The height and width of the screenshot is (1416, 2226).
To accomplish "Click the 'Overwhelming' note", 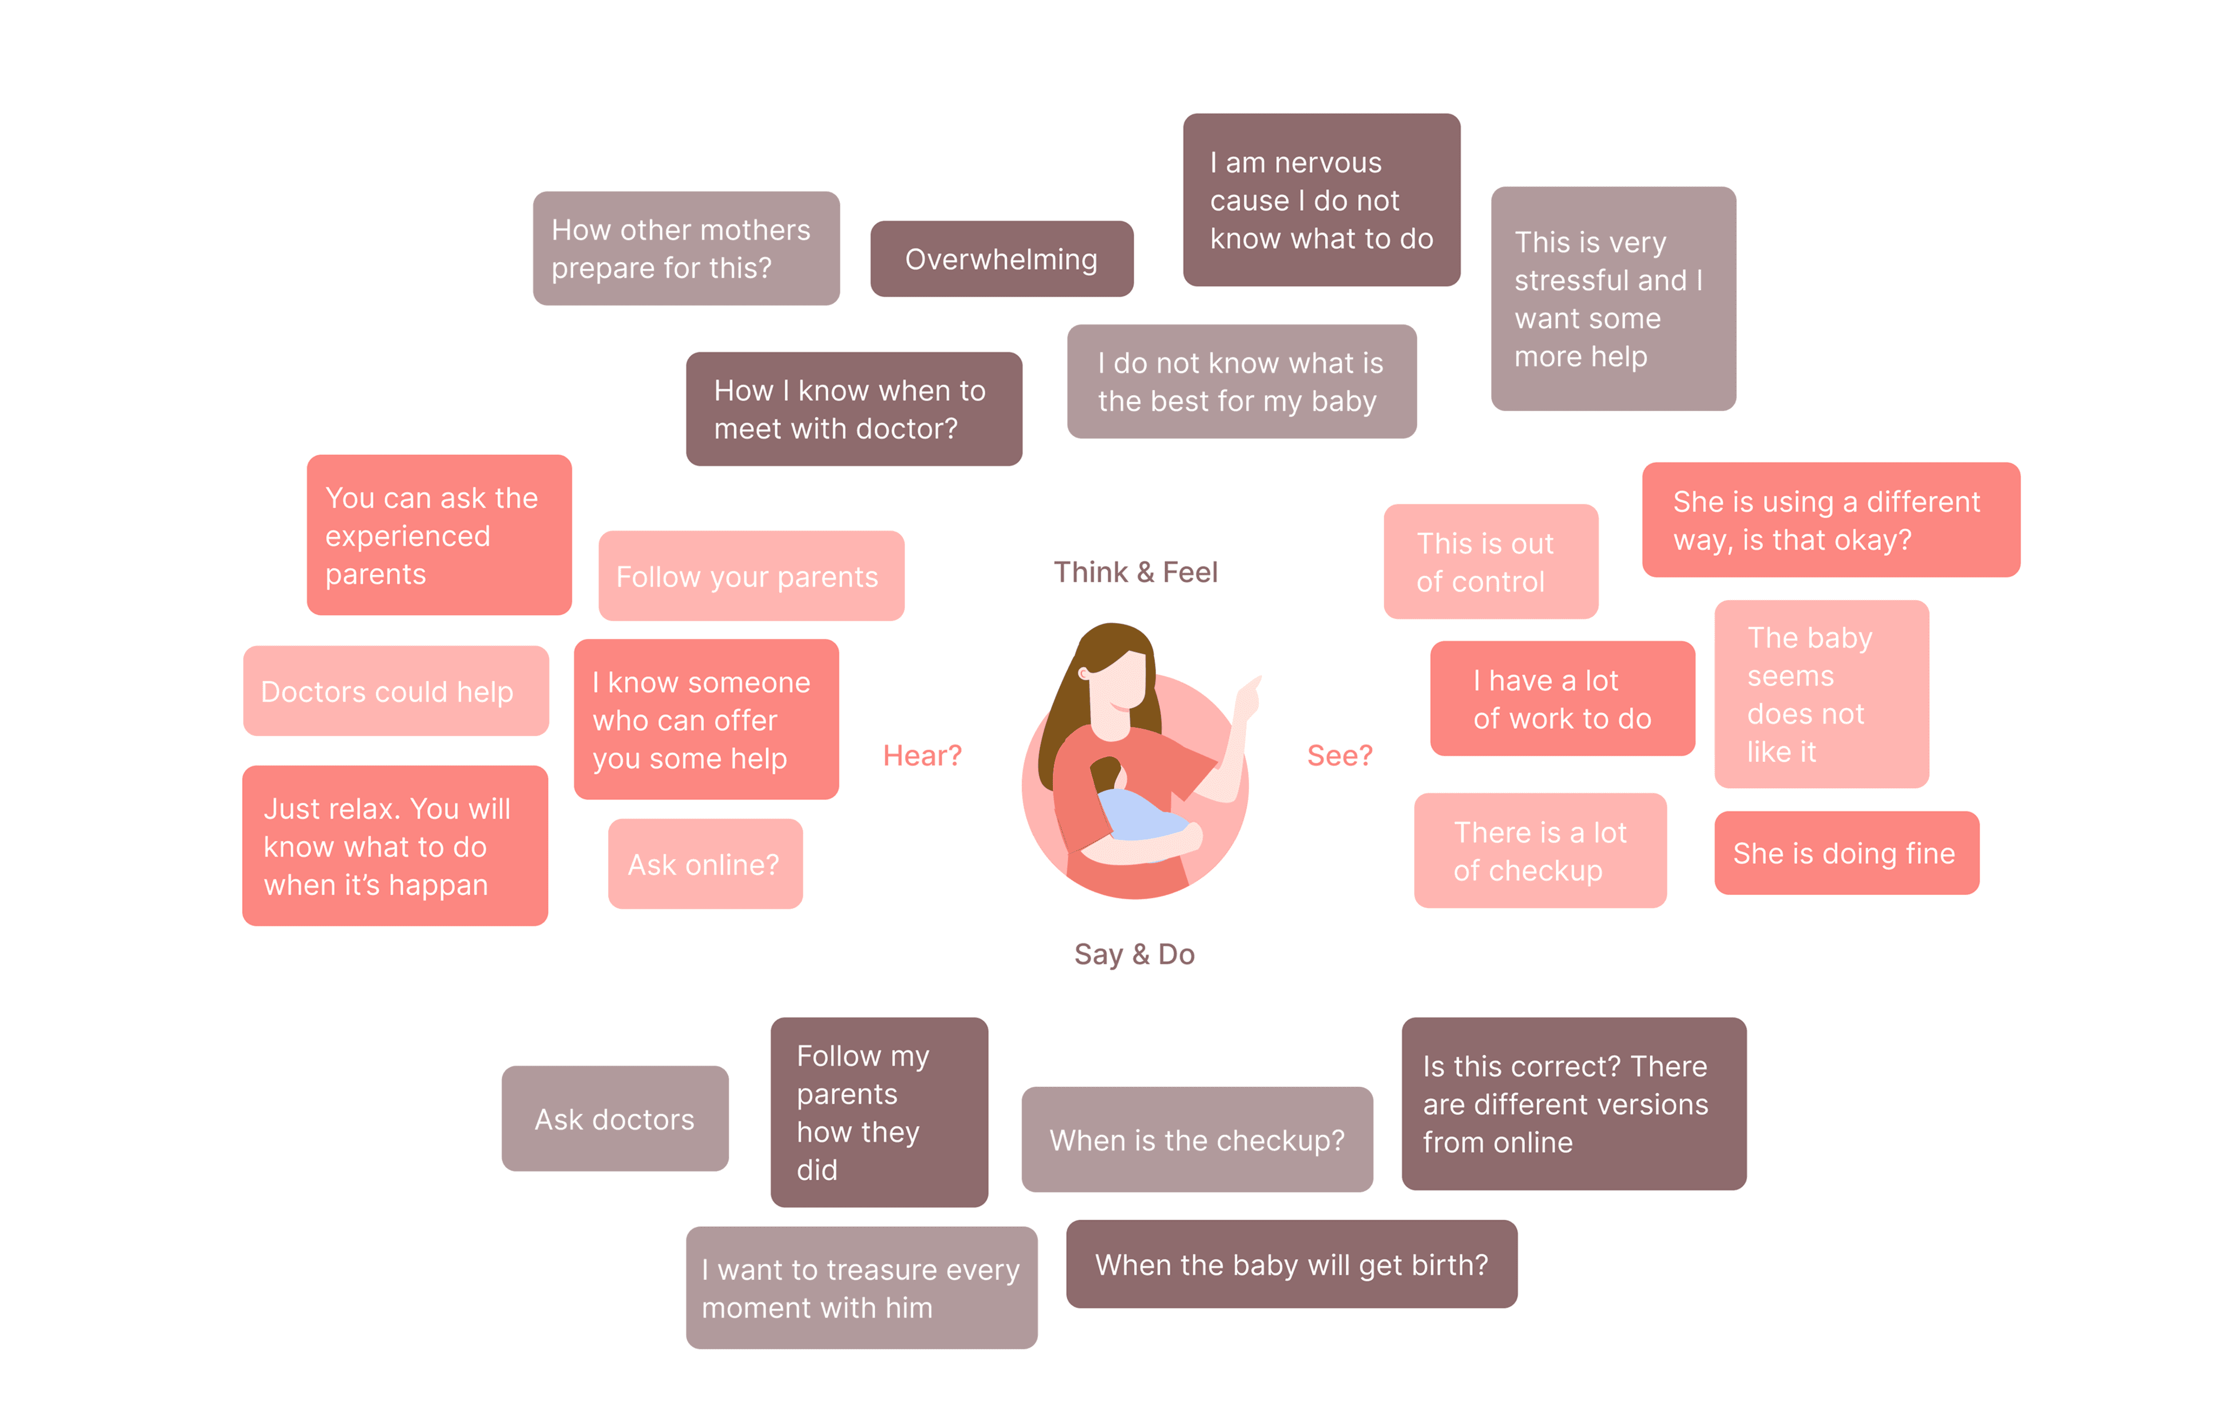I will pyautogui.click(x=1001, y=259).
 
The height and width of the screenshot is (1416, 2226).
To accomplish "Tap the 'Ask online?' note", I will pyautogui.click(x=704, y=864).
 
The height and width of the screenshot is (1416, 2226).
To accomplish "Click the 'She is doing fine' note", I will pyautogui.click(x=1845, y=853).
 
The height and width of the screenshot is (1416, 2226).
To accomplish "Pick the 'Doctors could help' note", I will pyautogui.click(x=396, y=692).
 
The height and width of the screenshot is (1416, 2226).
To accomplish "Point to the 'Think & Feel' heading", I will pyautogui.click(x=1135, y=572).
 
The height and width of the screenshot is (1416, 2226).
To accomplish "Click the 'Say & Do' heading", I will pyautogui.click(x=1134, y=954).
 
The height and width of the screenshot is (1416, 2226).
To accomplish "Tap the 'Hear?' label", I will pyautogui.click(x=921, y=755).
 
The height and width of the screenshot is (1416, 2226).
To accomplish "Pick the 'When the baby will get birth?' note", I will pyautogui.click(x=1291, y=1264).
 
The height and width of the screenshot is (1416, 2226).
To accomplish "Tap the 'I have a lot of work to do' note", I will pyautogui.click(x=1562, y=699).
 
